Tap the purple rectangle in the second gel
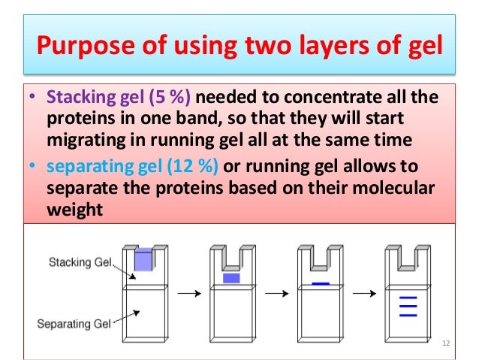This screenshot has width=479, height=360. (231, 278)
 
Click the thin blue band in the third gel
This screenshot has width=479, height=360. (321, 283)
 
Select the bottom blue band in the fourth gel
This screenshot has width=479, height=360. (408, 315)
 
